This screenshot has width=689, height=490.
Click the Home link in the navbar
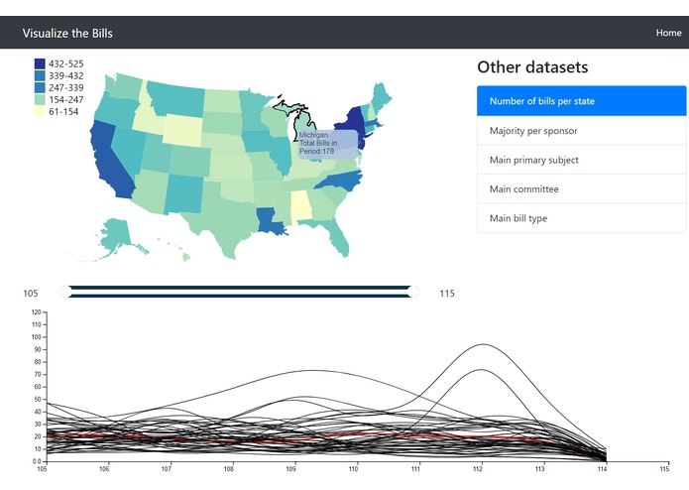pyautogui.click(x=668, y=33)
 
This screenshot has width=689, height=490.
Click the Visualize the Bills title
pyautogui.click(x=67, y=33)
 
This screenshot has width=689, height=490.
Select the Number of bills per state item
pyautogui.click(x=581, y=101)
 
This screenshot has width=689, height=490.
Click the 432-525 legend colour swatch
pyautogui.click(x=40, y=63)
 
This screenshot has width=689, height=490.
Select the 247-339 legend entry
pyautogui.click(x=65, y=87)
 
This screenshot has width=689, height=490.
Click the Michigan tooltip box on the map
pyautogui.click(x=326, y=144)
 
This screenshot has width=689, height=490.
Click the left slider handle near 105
pyautogui.click(x=65, y=292)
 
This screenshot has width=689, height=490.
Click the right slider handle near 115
pyautogui.click(x=413, y=292)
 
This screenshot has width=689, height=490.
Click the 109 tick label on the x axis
pyautogui.click(x=291, y=469)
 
